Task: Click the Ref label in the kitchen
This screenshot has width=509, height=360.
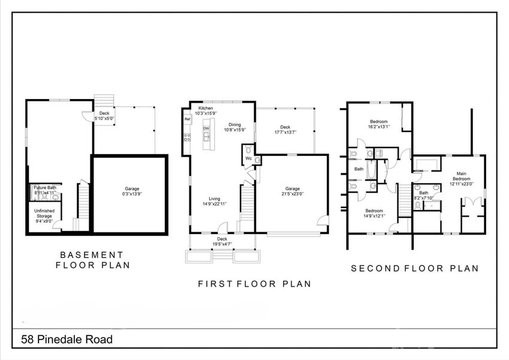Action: (x=188, y=119)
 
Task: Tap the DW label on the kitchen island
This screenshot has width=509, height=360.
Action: (x=206, y=128)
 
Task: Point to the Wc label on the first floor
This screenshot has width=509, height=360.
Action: (x=249, y=158)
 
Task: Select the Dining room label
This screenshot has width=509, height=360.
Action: (x=218, y=125)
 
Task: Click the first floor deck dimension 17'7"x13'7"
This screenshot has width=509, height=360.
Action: (x=285, y=132)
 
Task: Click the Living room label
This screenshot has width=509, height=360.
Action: (x=215, y=199)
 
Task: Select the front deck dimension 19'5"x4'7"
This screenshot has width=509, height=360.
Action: (x=222, y=244)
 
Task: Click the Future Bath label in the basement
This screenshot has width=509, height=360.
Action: (x=45, y=188)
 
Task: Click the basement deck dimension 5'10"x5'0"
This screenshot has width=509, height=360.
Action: (x=104, y=119)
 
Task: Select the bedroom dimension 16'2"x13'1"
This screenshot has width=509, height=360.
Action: (x=378, y=127)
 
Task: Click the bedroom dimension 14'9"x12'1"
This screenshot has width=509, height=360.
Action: (x=374, y=216)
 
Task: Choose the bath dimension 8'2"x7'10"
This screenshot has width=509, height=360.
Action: (x=424, y=197)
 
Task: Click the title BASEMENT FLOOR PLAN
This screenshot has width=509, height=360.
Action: (x=93, y=259)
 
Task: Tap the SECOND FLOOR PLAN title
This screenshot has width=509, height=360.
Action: (x=415, y=268)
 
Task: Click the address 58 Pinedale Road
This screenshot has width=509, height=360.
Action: (x=67, y=340)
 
